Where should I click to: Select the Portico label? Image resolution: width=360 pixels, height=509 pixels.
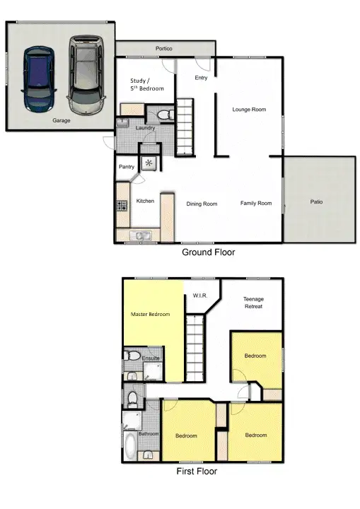tap(164, 49)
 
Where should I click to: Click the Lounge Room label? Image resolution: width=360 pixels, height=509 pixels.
tap(249, 109)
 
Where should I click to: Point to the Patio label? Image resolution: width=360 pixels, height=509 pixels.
tap(316, 201)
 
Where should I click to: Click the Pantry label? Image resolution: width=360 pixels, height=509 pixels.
tap(127, 167)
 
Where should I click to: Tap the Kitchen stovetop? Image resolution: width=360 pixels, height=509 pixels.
tap(121, 206)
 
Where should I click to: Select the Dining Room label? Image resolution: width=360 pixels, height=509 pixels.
tap(202, 204)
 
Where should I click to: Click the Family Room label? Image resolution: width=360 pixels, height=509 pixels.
tap(255, 203)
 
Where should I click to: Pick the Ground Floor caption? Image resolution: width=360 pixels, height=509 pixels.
tap(209, 252)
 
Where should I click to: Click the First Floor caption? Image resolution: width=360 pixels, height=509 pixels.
tap(197, 471)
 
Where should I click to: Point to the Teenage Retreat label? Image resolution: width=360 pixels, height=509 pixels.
tap(253, 303)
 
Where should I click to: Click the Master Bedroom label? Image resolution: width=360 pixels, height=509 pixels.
tap(151, 314)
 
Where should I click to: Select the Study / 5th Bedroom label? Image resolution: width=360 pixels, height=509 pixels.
tap(147, 85)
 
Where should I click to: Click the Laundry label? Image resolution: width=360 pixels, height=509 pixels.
tap(145, 128)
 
